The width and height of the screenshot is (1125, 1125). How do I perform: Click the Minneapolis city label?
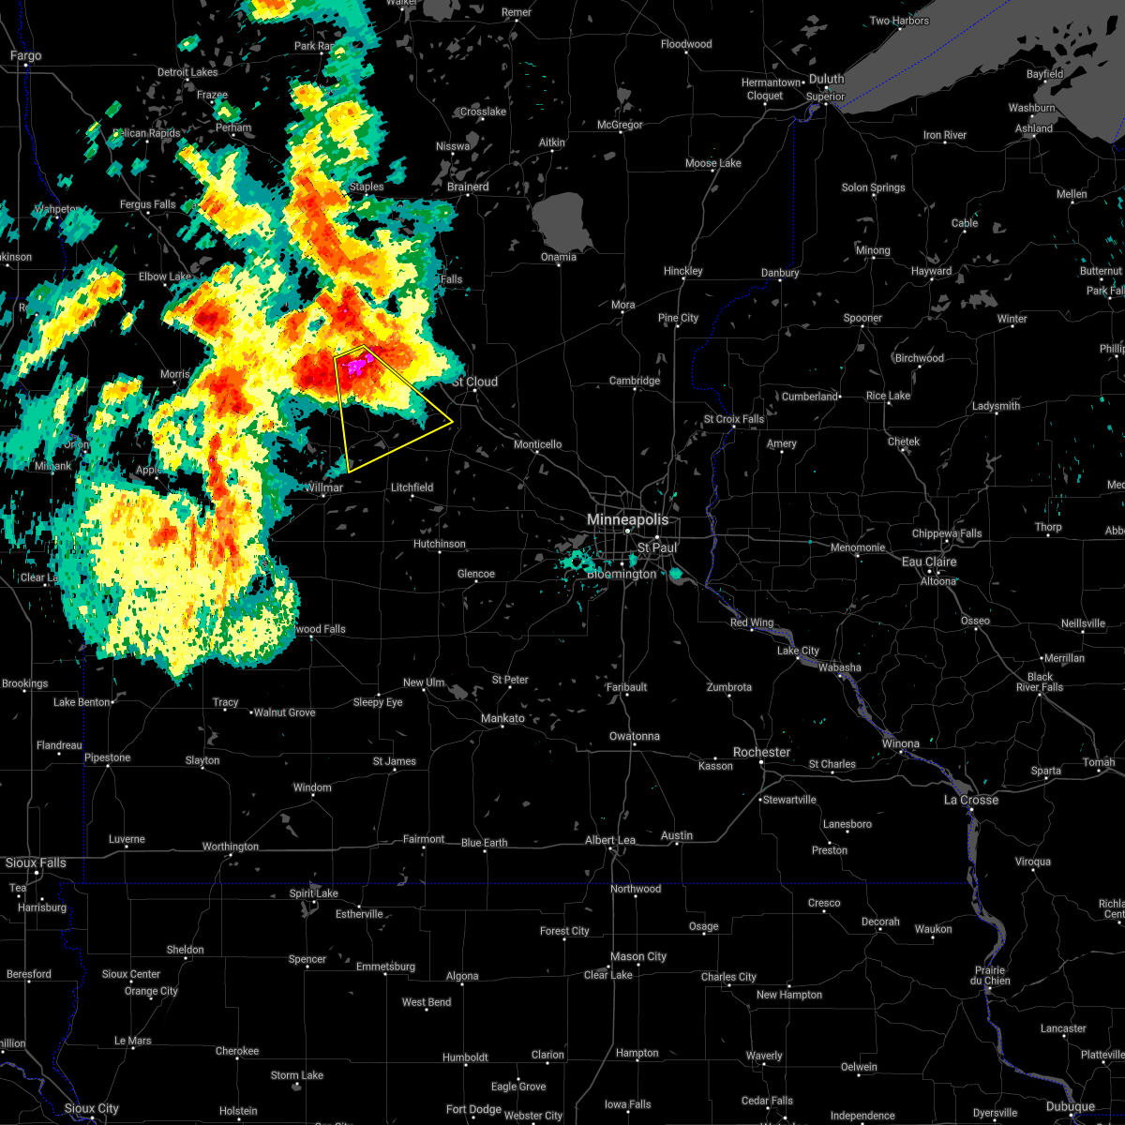(x=628, y=519)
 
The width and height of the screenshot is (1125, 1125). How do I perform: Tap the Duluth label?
(x=827, y=80)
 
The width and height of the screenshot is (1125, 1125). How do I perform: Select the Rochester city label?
(x=761, y=753)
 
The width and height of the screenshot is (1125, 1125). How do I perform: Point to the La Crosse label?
(x=970, y=800)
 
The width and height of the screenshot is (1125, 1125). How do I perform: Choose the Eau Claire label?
(x=928, y=562)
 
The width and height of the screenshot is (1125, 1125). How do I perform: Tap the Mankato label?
(x=502, y=718)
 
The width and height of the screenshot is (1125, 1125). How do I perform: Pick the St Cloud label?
(x=475, y=382)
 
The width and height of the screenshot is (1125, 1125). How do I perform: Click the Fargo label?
(x=26, y=56)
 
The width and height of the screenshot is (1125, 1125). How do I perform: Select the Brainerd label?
(x=468, y=187)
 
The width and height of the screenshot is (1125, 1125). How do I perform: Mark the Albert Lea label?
(x=610, y=841)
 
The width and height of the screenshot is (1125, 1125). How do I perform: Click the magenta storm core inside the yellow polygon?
(x=357, y=366)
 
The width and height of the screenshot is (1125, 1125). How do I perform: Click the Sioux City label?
(x=92, y=1109)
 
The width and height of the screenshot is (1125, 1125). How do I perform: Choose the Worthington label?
(x=230, y=847)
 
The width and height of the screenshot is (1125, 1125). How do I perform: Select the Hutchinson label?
(x=439, y=544)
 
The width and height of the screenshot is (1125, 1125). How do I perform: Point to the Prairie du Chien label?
(x=991, y=976)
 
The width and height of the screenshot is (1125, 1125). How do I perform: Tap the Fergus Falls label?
(x=147, y=204)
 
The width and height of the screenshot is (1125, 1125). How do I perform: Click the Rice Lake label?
(x=887, y=396)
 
